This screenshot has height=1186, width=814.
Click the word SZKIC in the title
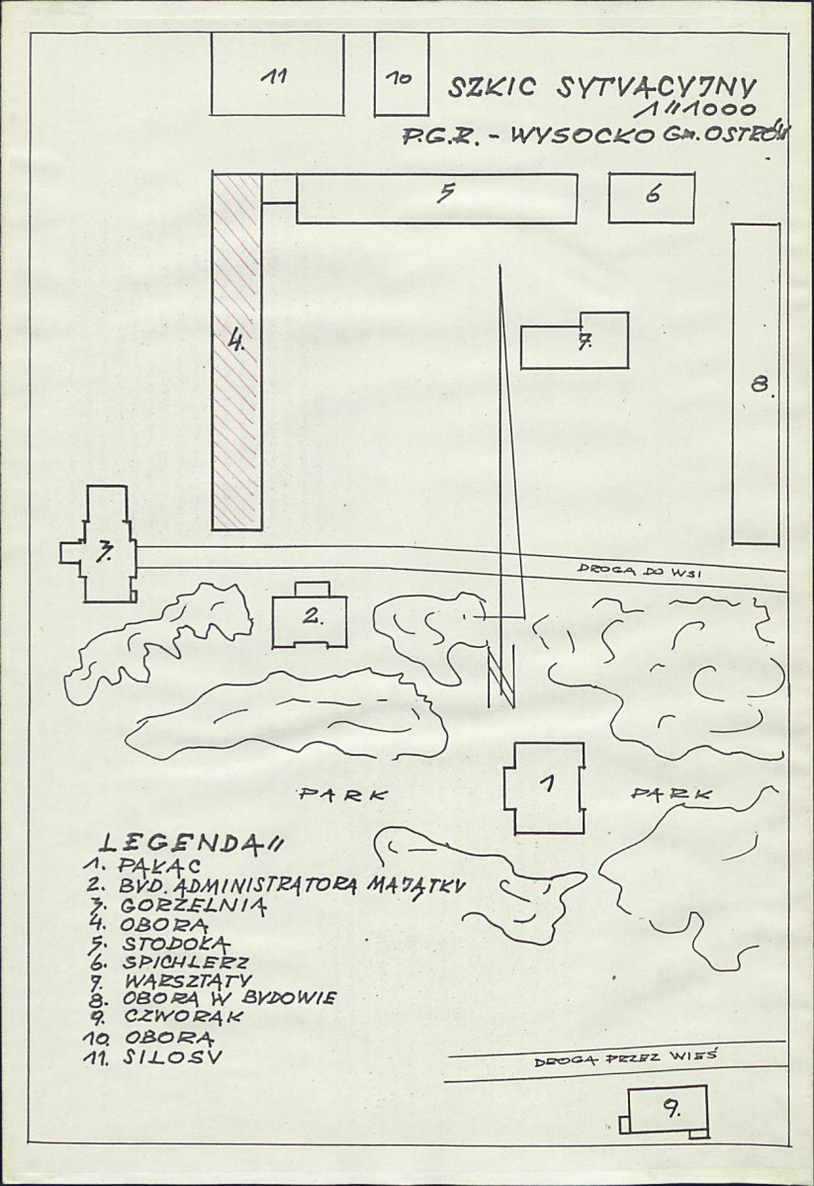[492, 88]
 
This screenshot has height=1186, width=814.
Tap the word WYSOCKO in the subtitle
[583, 137]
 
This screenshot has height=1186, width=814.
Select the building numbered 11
[277, 74]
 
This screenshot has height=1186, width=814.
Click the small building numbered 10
[402, 74]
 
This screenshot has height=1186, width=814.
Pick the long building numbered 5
[437, 198]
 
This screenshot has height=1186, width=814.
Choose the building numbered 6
[652, 198]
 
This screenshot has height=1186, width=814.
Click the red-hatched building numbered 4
[236, 352]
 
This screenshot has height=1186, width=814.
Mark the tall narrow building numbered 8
[756, 384]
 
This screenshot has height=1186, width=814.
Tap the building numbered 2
[311, 615]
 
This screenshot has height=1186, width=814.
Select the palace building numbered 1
[545, 787]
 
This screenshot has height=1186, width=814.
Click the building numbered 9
[666, 1111]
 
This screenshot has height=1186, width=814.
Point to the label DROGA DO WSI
[641, 572]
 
